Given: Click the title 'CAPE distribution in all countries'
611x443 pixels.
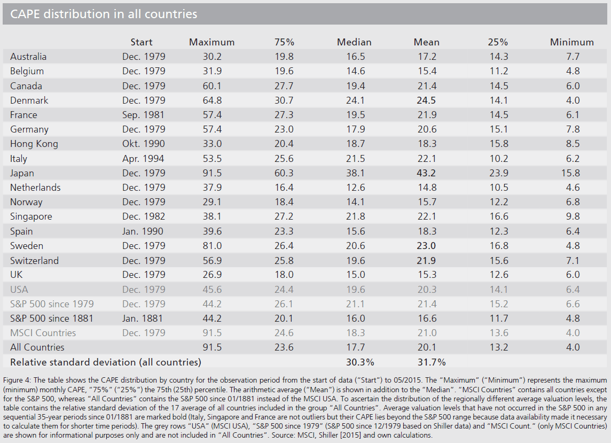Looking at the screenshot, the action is point(104,14).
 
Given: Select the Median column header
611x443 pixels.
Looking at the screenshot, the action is point(354,42).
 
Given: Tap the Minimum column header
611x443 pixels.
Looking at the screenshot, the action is point(571,42).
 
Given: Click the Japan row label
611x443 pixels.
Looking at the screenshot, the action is point(22,173).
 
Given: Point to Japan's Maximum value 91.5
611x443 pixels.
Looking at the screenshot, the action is point(212,173).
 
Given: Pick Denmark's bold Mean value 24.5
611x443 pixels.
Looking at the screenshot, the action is point(426,100).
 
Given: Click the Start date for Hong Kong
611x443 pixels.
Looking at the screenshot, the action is point(143,144).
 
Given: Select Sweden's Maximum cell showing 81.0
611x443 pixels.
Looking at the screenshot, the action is point(212,246).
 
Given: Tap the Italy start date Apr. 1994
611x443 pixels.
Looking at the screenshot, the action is point(143,159).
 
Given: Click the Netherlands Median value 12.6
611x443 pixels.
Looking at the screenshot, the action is point(356,188).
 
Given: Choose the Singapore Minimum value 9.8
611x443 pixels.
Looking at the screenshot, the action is point(573,216).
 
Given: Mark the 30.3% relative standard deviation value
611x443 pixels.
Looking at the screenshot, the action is point(360,362).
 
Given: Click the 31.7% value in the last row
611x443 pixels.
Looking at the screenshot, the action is point(432,362).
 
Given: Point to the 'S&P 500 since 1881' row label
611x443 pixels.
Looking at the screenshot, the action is point(52,318).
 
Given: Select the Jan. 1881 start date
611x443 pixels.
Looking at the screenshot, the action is point(142,318).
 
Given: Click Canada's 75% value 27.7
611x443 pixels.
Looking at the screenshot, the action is point(284,86).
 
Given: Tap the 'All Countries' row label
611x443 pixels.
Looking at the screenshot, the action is point(37,347).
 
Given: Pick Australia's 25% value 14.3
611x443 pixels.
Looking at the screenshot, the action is point(499,57).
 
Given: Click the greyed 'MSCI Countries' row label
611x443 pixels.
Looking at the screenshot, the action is point(43,333).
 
